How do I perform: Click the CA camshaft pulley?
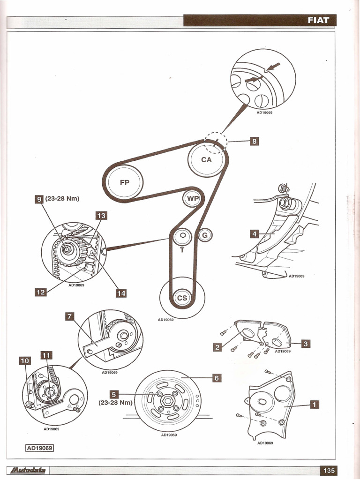point(206,159)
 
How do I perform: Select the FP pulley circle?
point(125,183)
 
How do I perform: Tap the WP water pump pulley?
point(193,198)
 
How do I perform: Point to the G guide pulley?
point(204,235)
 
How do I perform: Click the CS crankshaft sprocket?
point(181,298)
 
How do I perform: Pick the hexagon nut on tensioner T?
point(183,236)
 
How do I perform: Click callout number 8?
point(254,140)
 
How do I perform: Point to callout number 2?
point(217,347)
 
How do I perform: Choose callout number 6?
point(216,378)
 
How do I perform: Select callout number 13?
point(101,216)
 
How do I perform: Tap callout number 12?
point(40,292)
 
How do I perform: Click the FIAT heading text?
point(318,21)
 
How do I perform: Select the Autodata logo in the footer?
point(26,471)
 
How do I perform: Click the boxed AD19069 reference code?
point(40,448)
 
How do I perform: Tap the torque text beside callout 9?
point(62,198)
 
